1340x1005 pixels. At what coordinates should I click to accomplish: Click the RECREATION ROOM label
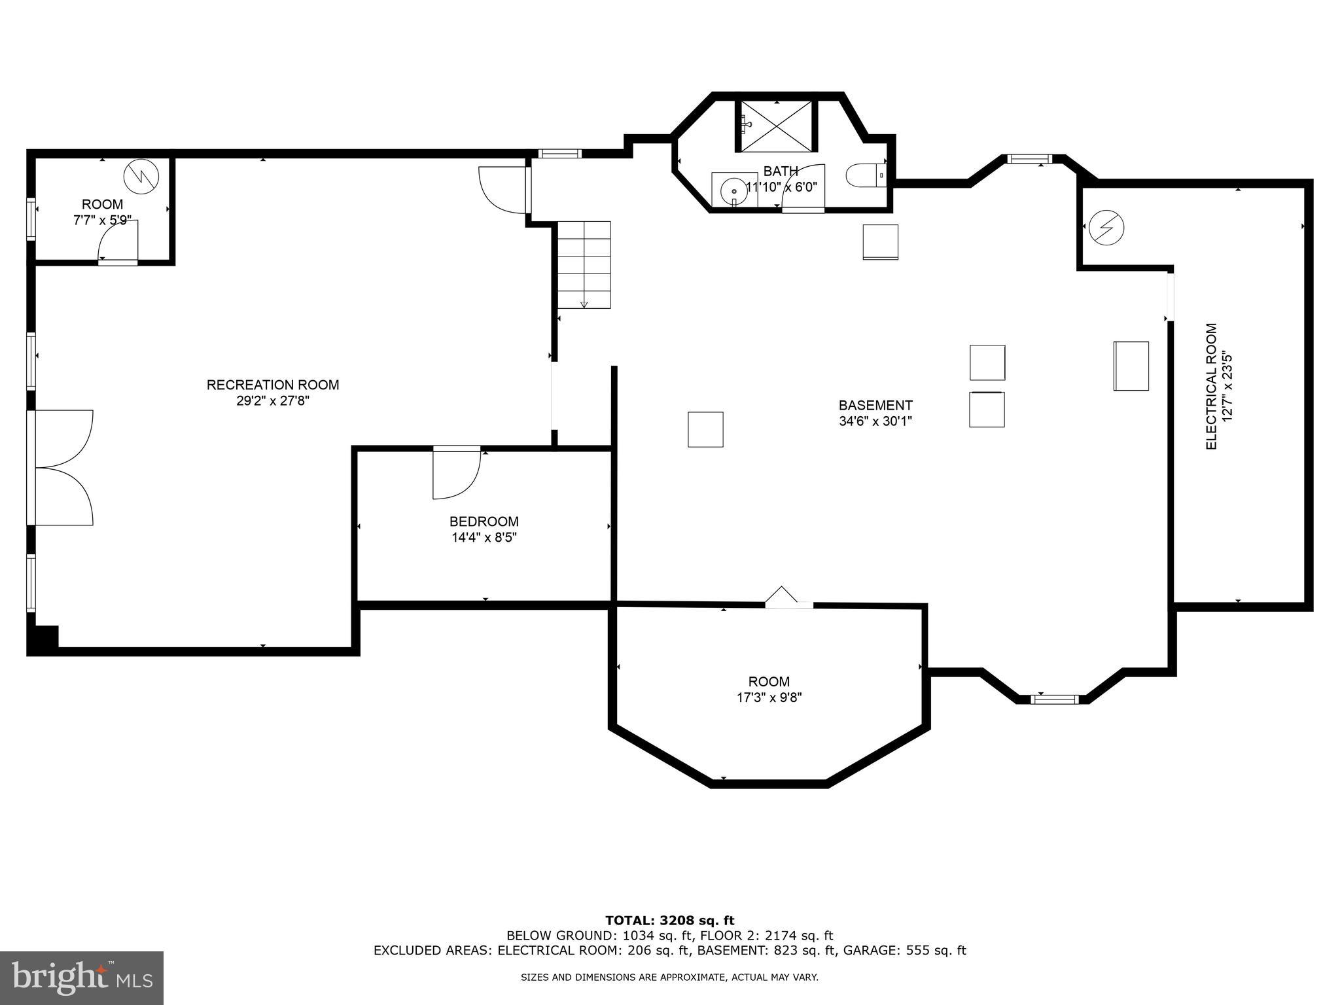pyautogui.click(x=273, y=385)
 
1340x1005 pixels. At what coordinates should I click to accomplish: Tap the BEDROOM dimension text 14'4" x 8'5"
pyautogui.click(x=484, y=538)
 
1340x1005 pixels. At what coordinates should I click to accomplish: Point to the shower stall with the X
pyautogui.click(x=776, y=126)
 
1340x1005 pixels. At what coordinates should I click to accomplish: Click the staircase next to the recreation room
pyautogui.click(x=584, y=264)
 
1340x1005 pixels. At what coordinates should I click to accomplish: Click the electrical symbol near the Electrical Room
pyautogui.click(x=1106, y=227)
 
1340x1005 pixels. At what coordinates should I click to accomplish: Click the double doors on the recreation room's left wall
pyautogui.click(x=62, y=467)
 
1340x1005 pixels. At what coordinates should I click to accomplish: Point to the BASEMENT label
pyautogui.click(x=875, y=405)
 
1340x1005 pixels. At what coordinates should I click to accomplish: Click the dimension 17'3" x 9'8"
pyautogui.click(x=769, y=697)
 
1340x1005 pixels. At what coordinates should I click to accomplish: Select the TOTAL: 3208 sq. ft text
pyautogui.click(x=669, y=921)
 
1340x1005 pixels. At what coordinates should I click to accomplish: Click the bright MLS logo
pyautogui.click(x=82, y=978)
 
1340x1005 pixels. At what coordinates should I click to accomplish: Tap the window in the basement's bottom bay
pyautogui.click(x=1053, y=699)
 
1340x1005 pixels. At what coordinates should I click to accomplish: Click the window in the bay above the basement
pyautogui.click(x=1029, y=158)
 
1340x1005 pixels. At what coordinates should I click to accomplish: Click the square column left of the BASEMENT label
pyautogui.click(x=705, y=429)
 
